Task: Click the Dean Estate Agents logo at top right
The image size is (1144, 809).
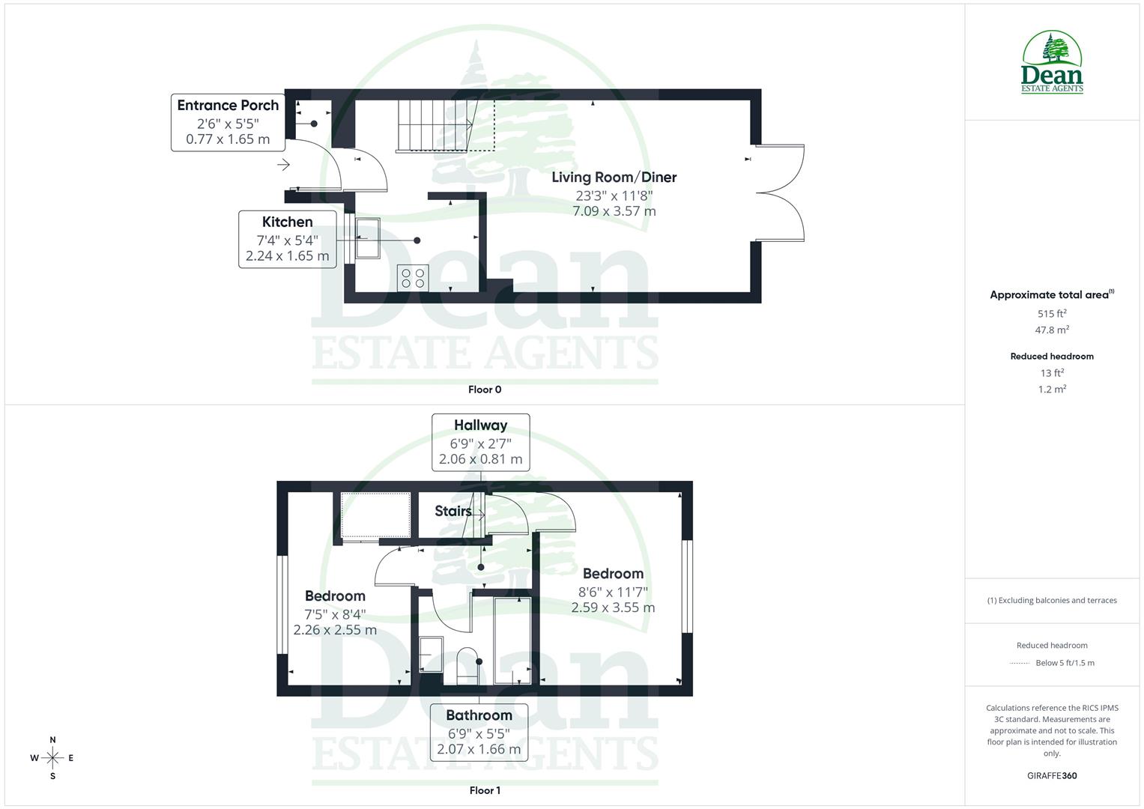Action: (x=1052, y=63)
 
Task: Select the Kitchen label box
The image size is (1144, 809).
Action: (x=287, y=239)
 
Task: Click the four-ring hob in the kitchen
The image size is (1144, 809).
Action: (x=413, y=278)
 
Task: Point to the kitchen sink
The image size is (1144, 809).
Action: (x=367, y=238)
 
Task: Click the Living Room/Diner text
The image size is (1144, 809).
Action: (x=614, y=178)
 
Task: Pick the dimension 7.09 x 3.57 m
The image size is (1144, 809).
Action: (x=614, y=211)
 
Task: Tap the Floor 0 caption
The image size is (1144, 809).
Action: (x=484, y=390)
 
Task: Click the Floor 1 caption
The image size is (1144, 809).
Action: (x=484, y=790)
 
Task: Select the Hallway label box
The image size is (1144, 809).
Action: (x=480, y=442)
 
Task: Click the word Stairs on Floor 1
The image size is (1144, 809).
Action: (x=453, y=511)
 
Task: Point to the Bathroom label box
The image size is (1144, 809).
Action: (x=479, y=731)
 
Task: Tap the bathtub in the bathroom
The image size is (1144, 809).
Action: (x=512, y=640)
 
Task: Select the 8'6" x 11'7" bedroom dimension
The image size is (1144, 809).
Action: (x=613, y=591)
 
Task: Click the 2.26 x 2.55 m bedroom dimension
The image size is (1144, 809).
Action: (x=335, y=630)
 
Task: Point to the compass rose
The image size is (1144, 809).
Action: (x=52, y=758)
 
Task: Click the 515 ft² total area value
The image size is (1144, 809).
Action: (x=1051, y=314)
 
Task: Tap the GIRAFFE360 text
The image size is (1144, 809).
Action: (x=1051, y=775)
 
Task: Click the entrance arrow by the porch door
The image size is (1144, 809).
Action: (x=283, y=165)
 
